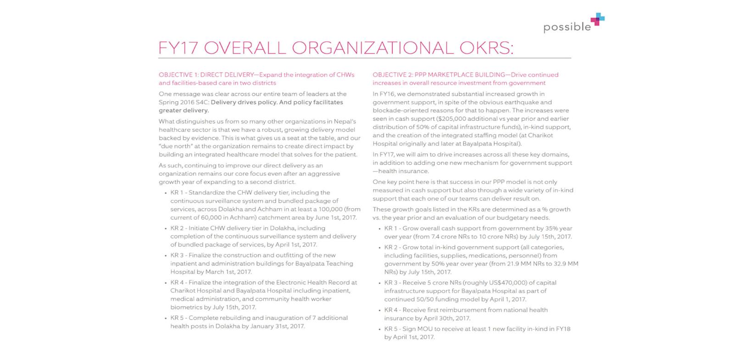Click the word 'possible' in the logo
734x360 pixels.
[x=567, y=27]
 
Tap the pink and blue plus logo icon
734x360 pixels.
[x=597, y=19]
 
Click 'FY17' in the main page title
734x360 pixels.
[x=178, y=48]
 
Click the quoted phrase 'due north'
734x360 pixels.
[x=176, y=146]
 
